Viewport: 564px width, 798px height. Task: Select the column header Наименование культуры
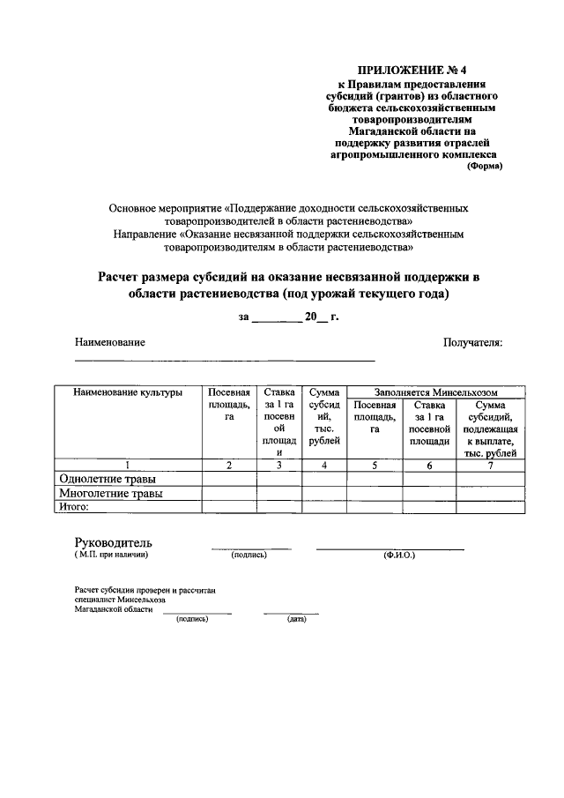tap(128, 392)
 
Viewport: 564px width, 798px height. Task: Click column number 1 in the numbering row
tap(128, 466)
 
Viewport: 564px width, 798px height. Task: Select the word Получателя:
tap(472, 342)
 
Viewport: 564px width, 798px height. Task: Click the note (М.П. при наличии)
tap(111, 556)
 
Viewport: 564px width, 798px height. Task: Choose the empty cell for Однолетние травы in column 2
tap(229, 479)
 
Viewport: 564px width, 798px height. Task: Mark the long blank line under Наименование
tap(224, 361)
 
